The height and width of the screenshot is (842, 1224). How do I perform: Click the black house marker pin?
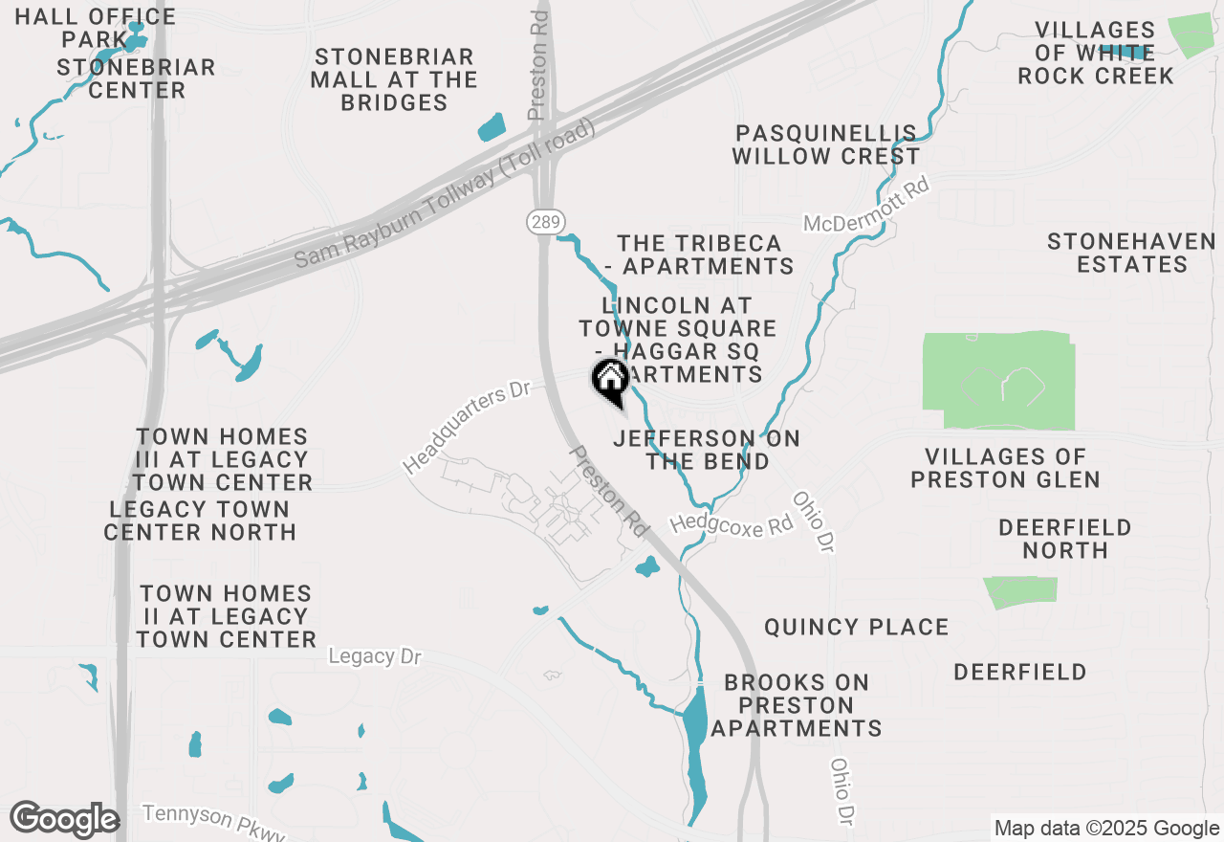point(610,381)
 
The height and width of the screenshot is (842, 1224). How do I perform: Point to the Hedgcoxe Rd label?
point(732,523)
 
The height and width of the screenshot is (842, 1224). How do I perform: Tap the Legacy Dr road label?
point(374,656)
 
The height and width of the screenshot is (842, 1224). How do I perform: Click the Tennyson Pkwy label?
point(214,823)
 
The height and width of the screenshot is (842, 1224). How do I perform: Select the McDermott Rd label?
point(866,208)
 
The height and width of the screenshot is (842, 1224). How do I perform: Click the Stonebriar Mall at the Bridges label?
point(394,79)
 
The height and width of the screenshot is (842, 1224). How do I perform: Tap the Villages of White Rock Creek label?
point(1095,54)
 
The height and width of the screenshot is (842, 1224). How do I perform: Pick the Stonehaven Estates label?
point(1131,253)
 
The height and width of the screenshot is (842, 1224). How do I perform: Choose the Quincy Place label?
point(856,628)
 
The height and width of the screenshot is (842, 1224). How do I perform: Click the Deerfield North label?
point(1064,539)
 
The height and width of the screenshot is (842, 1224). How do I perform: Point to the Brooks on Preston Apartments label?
point(796,705)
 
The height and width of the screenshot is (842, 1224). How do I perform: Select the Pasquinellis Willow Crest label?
point(825,144)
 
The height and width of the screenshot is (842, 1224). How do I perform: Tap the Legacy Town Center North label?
point(200,521)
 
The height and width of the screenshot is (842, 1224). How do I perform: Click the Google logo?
point(64,819)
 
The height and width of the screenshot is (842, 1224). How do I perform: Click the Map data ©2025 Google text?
point(1105,829)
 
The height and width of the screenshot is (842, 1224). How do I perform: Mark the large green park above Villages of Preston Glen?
point(999,381)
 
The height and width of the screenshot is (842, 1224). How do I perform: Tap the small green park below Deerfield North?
point(1021,591)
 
